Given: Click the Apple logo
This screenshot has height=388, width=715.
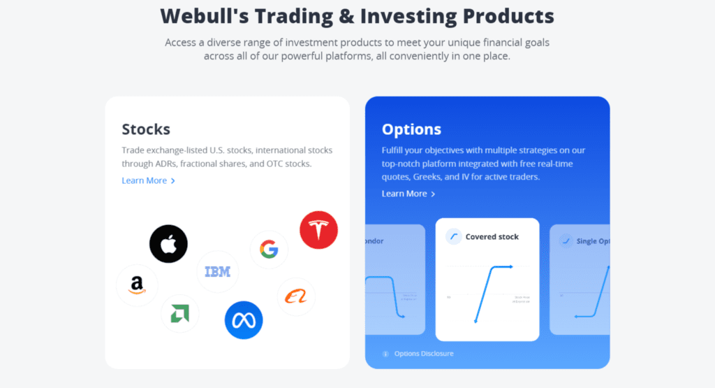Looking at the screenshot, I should (x=168, y=244).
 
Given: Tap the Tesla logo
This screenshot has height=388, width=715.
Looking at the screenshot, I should (x=318, y=230).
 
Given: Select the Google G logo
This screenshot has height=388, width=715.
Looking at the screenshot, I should (x=269, y=250).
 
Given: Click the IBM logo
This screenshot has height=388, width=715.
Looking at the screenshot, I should (x=217, y=271).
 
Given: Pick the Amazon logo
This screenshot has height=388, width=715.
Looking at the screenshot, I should (x=137, y=285).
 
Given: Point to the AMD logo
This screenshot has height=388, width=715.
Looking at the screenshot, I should (x=179, y=313).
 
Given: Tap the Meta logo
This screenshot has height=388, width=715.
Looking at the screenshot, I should (x=243, y=320).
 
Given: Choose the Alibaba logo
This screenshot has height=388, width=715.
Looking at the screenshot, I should (x=296, y=297).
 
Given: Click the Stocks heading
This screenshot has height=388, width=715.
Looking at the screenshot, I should (x=146, y=129).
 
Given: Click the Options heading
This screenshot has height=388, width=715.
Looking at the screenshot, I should (x=411, y=129).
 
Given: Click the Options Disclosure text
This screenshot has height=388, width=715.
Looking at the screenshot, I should (x=424, y=354).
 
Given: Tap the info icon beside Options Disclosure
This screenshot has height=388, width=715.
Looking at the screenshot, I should (x=385, y=354).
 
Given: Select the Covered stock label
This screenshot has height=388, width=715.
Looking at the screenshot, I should (x=492, y=237).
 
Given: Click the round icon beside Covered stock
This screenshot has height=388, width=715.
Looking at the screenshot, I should (x=454, y=237).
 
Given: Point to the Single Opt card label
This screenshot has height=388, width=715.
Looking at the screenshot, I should (x=594, y=241).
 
